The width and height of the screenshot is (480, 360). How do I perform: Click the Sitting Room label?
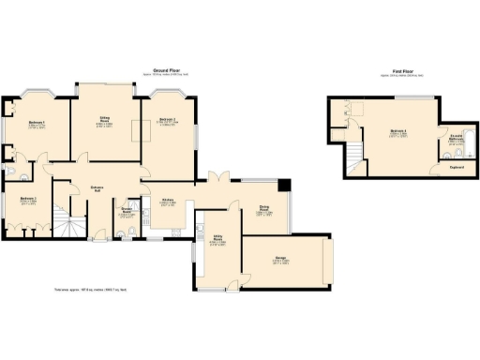click(106, 121)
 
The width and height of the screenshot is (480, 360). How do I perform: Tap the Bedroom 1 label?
click(39, 124)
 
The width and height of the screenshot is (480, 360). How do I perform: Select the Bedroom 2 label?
click(169, 122)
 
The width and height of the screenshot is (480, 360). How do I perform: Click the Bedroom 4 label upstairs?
click(397, 134)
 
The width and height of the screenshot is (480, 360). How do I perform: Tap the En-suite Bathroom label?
click(456, 140)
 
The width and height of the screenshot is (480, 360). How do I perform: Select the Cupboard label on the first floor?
click(456, 169)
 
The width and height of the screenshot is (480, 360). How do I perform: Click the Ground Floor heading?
click(167, 70)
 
